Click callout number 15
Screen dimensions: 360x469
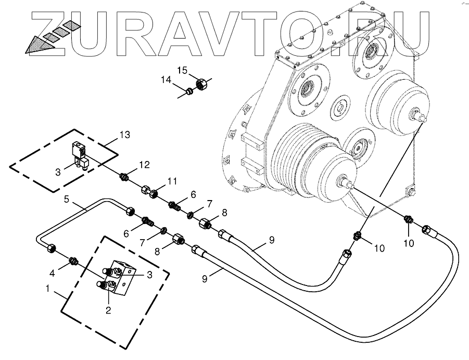pos(181,70)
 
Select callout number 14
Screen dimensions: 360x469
pos(166,80)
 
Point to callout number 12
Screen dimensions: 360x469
pos(144,165)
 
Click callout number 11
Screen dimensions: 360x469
pos(172,181)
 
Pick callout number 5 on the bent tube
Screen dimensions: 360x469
pos(67,199)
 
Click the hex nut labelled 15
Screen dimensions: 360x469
pos(201,83)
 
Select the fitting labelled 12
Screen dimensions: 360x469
pos(125,176)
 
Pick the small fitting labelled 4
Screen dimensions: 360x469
pos(74,260)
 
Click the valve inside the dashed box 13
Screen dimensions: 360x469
pos(80,155)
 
